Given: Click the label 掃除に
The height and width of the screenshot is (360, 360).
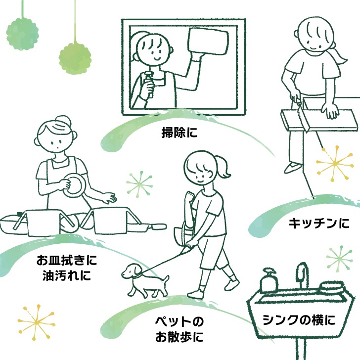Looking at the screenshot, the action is point(180,133).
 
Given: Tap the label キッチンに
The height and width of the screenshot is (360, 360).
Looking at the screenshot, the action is point(318,223).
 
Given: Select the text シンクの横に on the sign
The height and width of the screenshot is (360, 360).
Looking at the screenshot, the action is point(299,320).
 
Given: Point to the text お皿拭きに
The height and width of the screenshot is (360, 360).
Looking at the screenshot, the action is point(67,260).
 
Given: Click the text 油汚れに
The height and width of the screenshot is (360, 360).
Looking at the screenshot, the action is point(67,275).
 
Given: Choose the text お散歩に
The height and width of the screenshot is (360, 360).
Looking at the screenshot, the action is point(180,337).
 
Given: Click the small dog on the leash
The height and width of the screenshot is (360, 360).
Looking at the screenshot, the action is point(144,280).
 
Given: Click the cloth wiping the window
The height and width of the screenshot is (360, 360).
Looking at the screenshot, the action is point(208,42).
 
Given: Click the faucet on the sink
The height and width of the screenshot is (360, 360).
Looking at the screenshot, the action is point(303,276).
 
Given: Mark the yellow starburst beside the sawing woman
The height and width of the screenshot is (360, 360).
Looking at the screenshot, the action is point(334,163).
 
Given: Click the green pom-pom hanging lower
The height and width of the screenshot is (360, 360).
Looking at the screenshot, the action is point(75,58).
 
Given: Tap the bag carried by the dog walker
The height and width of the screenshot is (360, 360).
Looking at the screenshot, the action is point(183,235).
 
